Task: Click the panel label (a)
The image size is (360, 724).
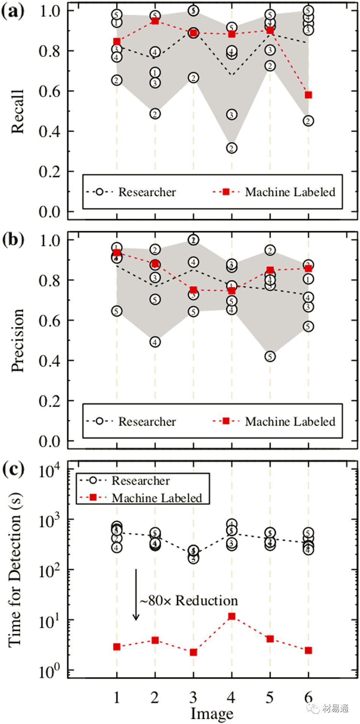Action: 13,12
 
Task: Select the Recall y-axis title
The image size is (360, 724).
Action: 17,112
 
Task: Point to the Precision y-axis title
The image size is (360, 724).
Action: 17,340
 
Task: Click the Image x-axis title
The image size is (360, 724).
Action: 211,713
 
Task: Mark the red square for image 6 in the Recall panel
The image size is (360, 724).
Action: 308,95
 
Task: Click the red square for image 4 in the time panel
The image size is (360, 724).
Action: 232,616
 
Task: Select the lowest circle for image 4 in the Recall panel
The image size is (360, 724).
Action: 232,148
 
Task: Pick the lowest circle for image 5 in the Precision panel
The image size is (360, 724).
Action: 270,356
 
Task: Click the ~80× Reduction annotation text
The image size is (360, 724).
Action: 189,601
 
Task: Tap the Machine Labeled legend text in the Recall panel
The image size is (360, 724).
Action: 290,192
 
